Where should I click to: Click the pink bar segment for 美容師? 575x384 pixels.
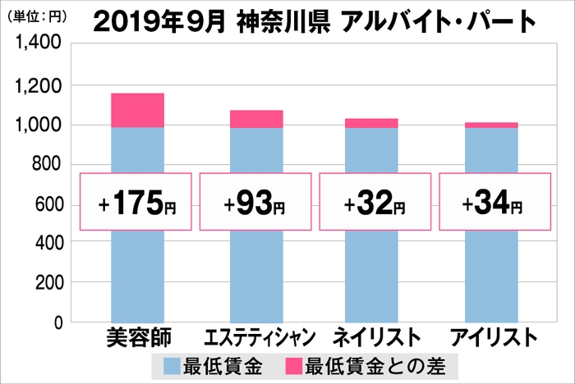click(x=137, y=110)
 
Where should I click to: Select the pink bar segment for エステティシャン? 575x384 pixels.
click(x=256, y=119)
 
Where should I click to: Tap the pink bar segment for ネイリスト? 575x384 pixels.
click(x=371, y=123)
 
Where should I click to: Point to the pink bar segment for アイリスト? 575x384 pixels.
click(x=491, y=125)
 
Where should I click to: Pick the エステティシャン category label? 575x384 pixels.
click(x=257, y=337)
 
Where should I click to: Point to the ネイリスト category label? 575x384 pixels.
click(x=375, y=336)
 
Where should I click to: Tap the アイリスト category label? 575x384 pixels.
click(x=494, y=336)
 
